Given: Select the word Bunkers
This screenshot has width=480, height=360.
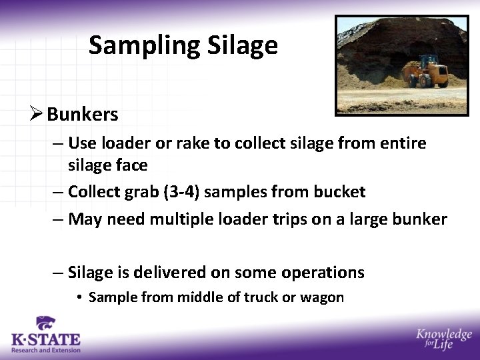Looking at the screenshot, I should click(x=82, y=115).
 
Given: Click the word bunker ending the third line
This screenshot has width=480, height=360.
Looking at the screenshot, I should click(x=420, y=219).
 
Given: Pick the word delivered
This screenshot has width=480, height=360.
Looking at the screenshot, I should click(x=171, y=272).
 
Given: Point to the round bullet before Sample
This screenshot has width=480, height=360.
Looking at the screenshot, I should click(x=79, y=297).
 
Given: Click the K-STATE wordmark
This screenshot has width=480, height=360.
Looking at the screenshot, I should click(x=45, y=340).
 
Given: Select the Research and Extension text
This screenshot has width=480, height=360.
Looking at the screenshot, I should click(x=45, y=350).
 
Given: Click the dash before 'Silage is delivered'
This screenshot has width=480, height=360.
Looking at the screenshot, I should click(x=58, y=272).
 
